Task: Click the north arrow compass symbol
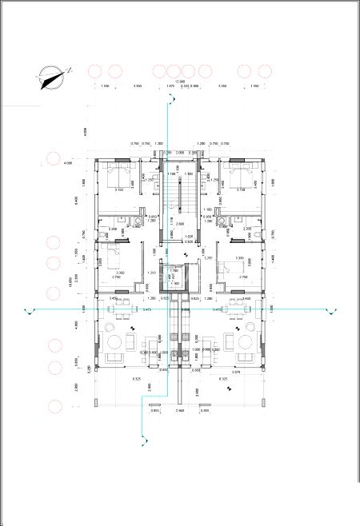pyautogui.click(x=50, y=76)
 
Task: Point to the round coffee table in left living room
pyautogui.click(x=114, y=341)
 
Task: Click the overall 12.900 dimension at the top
pyautogui.click(x=181, y=81)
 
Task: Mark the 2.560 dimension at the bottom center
pyautogui.click(x=180, y=410)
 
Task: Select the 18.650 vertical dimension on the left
pyautogui.click(x=71, y=280)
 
